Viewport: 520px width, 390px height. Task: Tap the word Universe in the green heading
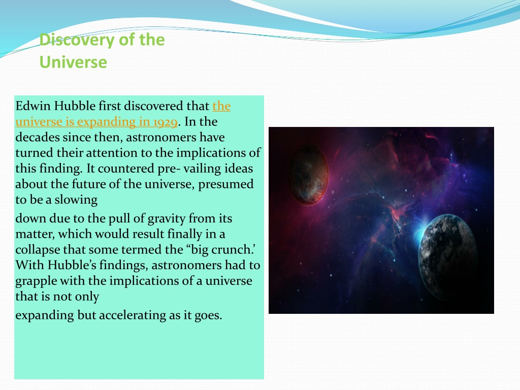pyautogui.click(x=73, y=62)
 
